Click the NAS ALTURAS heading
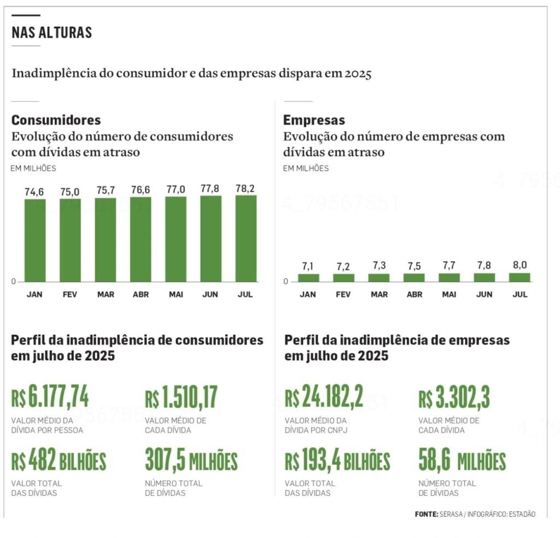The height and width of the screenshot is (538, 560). click(51, 33)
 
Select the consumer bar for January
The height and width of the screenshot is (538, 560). click(35, 240)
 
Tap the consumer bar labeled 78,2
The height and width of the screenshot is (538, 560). click(246, 238)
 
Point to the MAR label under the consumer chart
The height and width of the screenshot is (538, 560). click(106, 294)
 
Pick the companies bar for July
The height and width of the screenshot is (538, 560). click(520, 277)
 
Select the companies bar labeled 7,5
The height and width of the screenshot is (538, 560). click(414, 277)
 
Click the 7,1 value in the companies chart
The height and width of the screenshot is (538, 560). click(308, 267)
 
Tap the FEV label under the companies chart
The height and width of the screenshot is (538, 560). click(343, 294)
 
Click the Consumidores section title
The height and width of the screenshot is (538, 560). click(56, 120)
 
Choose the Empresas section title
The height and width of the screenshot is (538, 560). click(314, 120)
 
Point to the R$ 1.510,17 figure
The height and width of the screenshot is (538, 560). click(181, 398)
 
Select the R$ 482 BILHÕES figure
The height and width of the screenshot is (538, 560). click(59, 462)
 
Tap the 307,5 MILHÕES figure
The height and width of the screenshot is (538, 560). click(191, 462)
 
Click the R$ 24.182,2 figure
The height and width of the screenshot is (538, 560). click(324, 398)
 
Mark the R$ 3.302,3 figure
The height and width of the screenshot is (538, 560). click(454, 398)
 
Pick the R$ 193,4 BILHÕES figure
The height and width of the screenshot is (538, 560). click(337, 462)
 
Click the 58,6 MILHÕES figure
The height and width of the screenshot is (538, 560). click(462, 462)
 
